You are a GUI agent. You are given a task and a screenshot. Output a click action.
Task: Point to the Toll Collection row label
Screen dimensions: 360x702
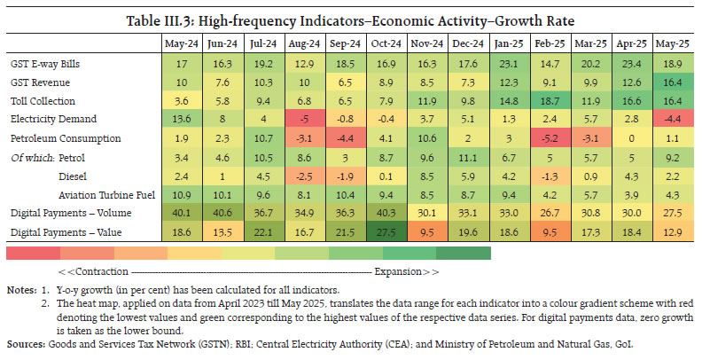click(x=43, y=101)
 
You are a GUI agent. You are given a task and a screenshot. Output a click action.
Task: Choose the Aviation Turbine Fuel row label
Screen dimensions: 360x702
click(x=98, y=194)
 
